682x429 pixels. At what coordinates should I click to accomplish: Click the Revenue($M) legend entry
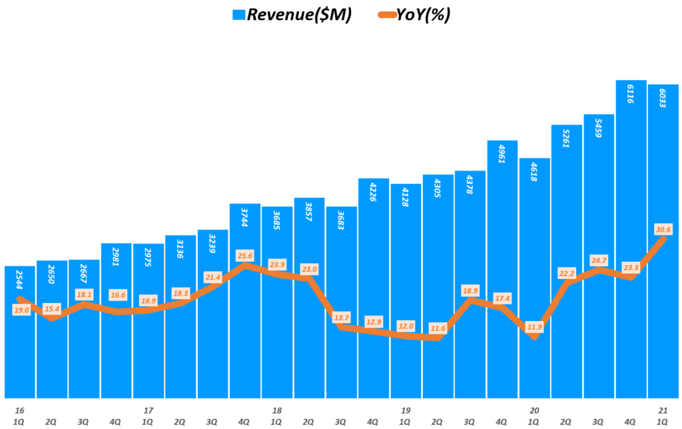click(x=293, y=15)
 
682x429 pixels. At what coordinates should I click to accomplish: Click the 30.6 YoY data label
click(x=663, y=230)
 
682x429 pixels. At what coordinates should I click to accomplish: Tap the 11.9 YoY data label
click(x=534, y=327)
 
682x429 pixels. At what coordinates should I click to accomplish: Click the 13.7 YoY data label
click(x=342, y=317)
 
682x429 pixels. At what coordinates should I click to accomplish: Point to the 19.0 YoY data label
click(x=21, y=310)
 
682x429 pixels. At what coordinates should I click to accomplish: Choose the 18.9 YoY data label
click(x=470, y=290)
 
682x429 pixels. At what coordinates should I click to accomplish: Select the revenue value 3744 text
click(x=244, y=217)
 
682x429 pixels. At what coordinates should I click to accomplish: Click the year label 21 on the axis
click(x=663, y=410)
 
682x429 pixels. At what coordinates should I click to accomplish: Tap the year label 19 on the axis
click(x=405, y=410)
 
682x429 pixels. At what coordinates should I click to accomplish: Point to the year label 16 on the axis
click(x=19, y=410)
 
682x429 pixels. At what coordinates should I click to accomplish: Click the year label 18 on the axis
click(x=276, y=410)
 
